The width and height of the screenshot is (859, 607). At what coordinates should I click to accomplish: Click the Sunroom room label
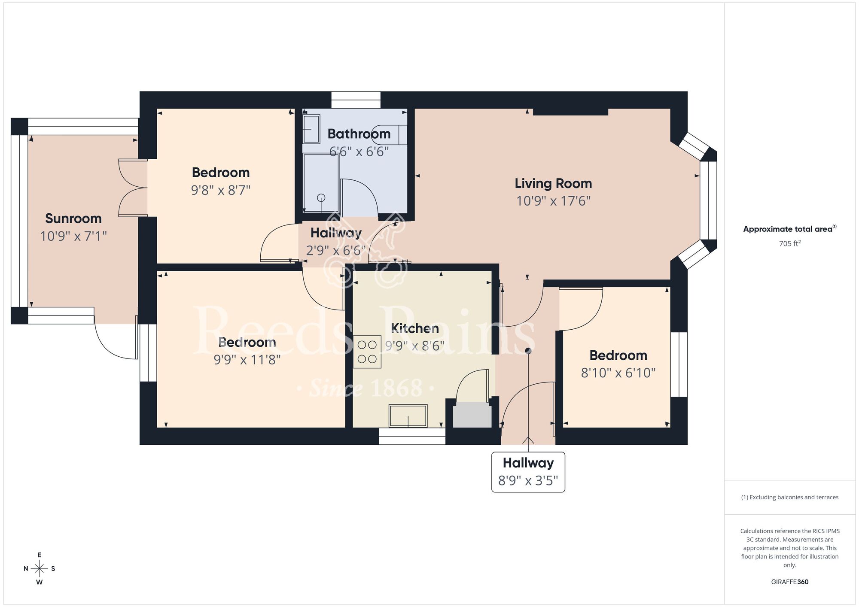73,219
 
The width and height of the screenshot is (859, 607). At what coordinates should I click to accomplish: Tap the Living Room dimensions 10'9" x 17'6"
553,201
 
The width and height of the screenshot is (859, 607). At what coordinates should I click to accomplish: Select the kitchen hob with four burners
367,352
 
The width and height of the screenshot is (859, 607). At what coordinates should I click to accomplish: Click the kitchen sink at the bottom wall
408,416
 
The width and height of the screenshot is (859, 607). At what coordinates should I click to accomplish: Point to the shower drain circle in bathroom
321,198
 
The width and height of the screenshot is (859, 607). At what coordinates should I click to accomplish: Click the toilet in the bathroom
389,134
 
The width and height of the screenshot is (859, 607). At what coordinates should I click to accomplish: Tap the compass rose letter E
40,555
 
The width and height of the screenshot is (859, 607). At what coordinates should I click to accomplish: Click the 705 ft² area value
789,243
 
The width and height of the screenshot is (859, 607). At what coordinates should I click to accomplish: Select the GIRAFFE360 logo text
789,582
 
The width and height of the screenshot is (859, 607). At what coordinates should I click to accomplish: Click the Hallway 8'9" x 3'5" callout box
528,472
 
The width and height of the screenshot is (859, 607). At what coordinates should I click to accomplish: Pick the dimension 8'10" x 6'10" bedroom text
618,373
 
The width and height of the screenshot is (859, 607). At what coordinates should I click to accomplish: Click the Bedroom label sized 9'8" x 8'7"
221,173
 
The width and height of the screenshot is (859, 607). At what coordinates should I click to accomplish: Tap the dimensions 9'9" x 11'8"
247,360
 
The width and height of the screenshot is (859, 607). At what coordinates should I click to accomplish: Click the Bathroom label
359,134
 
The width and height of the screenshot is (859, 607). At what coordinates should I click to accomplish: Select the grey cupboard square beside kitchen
472,415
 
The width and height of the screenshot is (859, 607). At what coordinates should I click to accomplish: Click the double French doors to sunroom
132,188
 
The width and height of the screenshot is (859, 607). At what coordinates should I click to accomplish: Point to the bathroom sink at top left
311,129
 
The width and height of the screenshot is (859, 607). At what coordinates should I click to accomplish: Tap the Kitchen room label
415,328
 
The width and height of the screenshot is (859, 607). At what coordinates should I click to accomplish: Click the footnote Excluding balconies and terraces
789,497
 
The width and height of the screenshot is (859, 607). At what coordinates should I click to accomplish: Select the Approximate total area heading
789,229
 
